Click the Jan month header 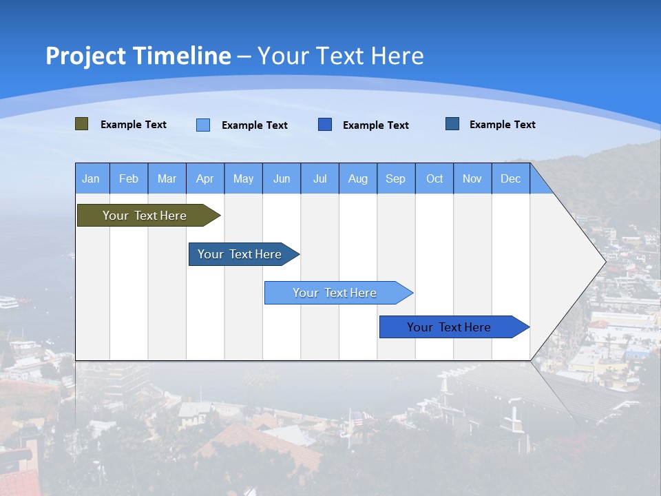pos(91,179)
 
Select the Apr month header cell pos(205,179)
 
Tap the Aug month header pos(358,179)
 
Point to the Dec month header pos(510,179)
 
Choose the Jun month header pos(282,179)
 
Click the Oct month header pos(434,179)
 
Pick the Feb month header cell pos(129,179)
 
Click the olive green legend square pos(82,124)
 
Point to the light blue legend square pos(203,125)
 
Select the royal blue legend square pos(325,125)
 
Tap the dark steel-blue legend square pos(452,124)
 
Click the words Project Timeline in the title pos(138,56)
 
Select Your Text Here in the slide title pos(341,56)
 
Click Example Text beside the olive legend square pos(134,125)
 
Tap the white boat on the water pos(8,302)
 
